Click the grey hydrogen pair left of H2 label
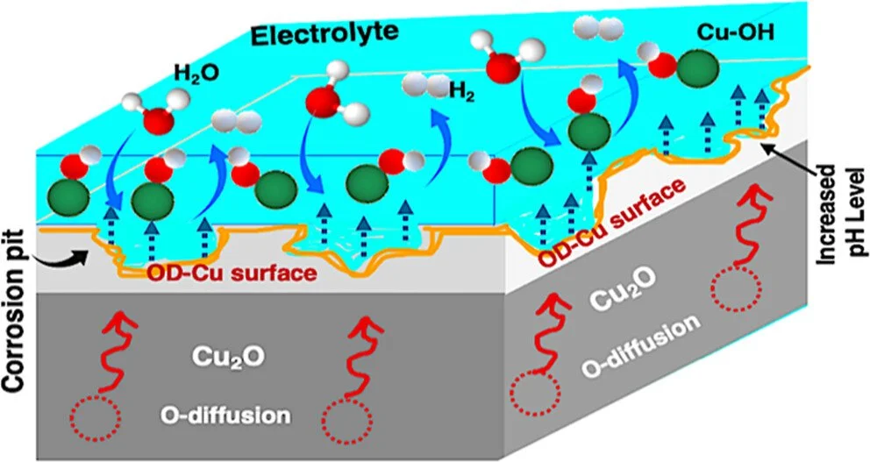[x=420, y=85]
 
